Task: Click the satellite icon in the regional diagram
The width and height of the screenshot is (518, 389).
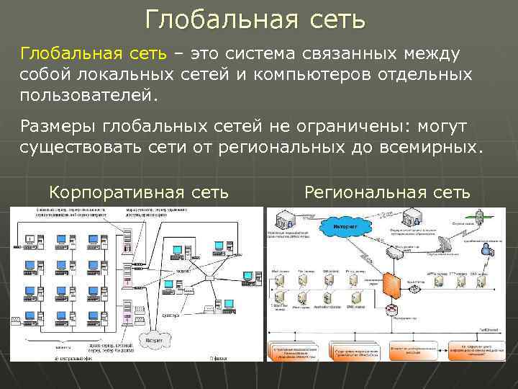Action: point(478,215)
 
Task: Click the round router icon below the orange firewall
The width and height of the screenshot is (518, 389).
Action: point(393,310)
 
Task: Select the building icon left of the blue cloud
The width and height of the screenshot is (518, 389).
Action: point(283,220)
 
